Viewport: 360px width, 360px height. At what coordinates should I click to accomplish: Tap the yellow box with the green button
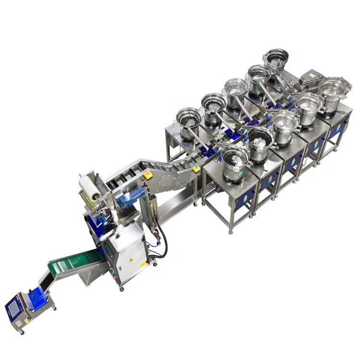click(x=196, y=168)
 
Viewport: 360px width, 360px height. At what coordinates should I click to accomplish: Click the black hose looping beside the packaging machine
click(x=163, y=240)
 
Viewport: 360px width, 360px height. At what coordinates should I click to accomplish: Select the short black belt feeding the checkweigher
click(x=44, y=281)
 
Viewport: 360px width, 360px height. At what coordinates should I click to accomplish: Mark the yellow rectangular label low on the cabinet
click(x=143, y=264)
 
